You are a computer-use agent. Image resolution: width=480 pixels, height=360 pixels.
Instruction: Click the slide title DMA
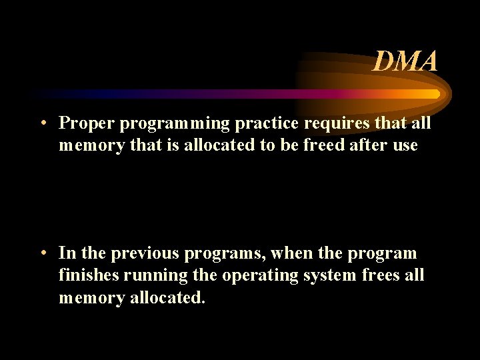pos(405,62)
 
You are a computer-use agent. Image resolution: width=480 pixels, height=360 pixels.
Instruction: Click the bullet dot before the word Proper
pos(42,123)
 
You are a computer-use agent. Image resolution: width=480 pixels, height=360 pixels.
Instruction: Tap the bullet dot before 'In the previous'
pos(42,253)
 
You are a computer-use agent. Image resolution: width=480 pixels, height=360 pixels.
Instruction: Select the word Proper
pos(83,123)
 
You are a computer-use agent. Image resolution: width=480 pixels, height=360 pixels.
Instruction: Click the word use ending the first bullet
pos(404,146)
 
